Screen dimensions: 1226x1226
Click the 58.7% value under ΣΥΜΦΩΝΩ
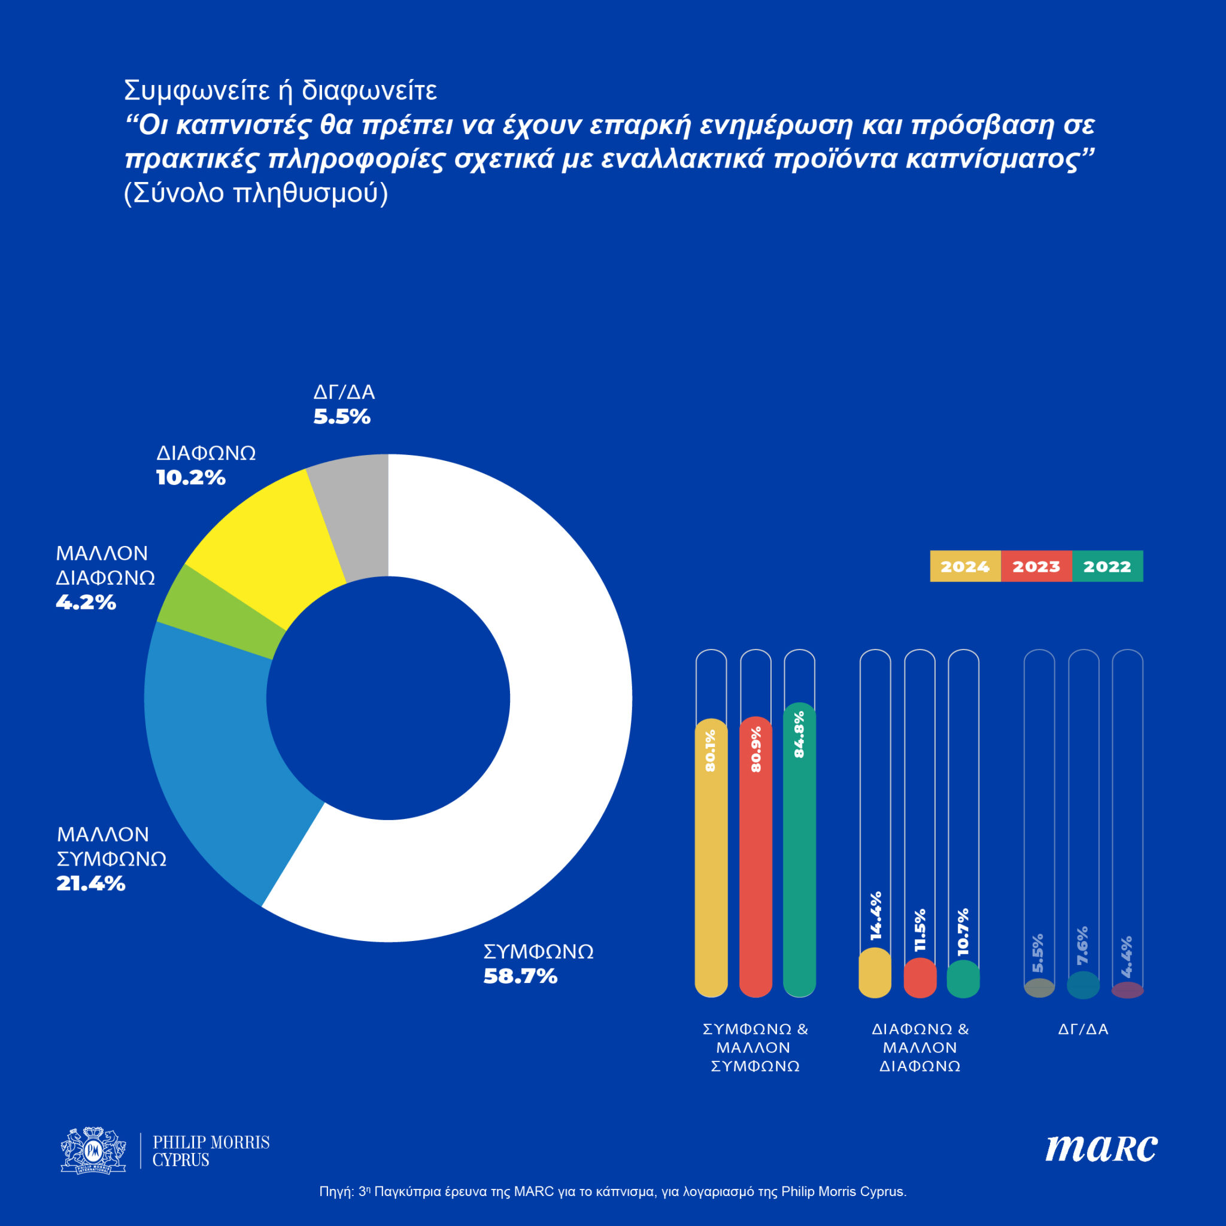pos(520,976)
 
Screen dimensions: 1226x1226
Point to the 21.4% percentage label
pos(91,884)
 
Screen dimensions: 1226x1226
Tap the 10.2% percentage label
pos(190,478)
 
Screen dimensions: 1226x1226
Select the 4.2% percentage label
pos(86,602)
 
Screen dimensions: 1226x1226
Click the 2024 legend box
pos(964,566)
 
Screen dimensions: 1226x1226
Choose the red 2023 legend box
pos(1036,566)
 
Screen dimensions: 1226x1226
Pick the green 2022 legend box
pos(1107,566)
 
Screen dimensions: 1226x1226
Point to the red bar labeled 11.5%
pos(919,978)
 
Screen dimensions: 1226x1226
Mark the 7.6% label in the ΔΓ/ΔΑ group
pos(1082,945)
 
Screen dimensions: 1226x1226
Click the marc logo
pos(1101,1149)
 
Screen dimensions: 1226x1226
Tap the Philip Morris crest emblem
pos(93,1151)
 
